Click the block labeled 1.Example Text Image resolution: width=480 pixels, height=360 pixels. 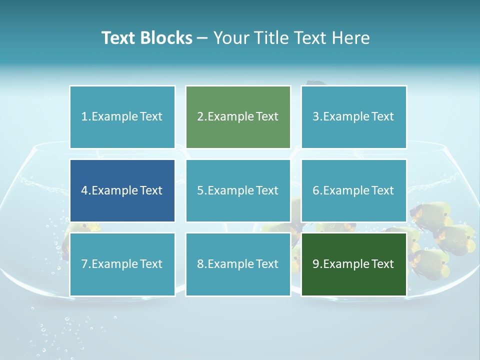tap(122, 117)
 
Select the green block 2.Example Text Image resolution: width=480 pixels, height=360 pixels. tap(238, 117)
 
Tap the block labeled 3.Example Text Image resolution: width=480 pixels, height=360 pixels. tap(353, 117)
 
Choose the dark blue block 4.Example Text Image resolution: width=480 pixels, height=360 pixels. tap(122, 190)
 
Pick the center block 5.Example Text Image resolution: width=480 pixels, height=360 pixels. tap(238, 190)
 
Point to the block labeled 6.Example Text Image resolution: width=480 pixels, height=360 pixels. tap(353, 190)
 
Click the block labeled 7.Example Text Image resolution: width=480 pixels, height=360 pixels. tap(122, 264)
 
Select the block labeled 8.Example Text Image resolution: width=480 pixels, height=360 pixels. tap(238, 264)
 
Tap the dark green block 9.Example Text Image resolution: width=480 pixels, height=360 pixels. tap(353, 264)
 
